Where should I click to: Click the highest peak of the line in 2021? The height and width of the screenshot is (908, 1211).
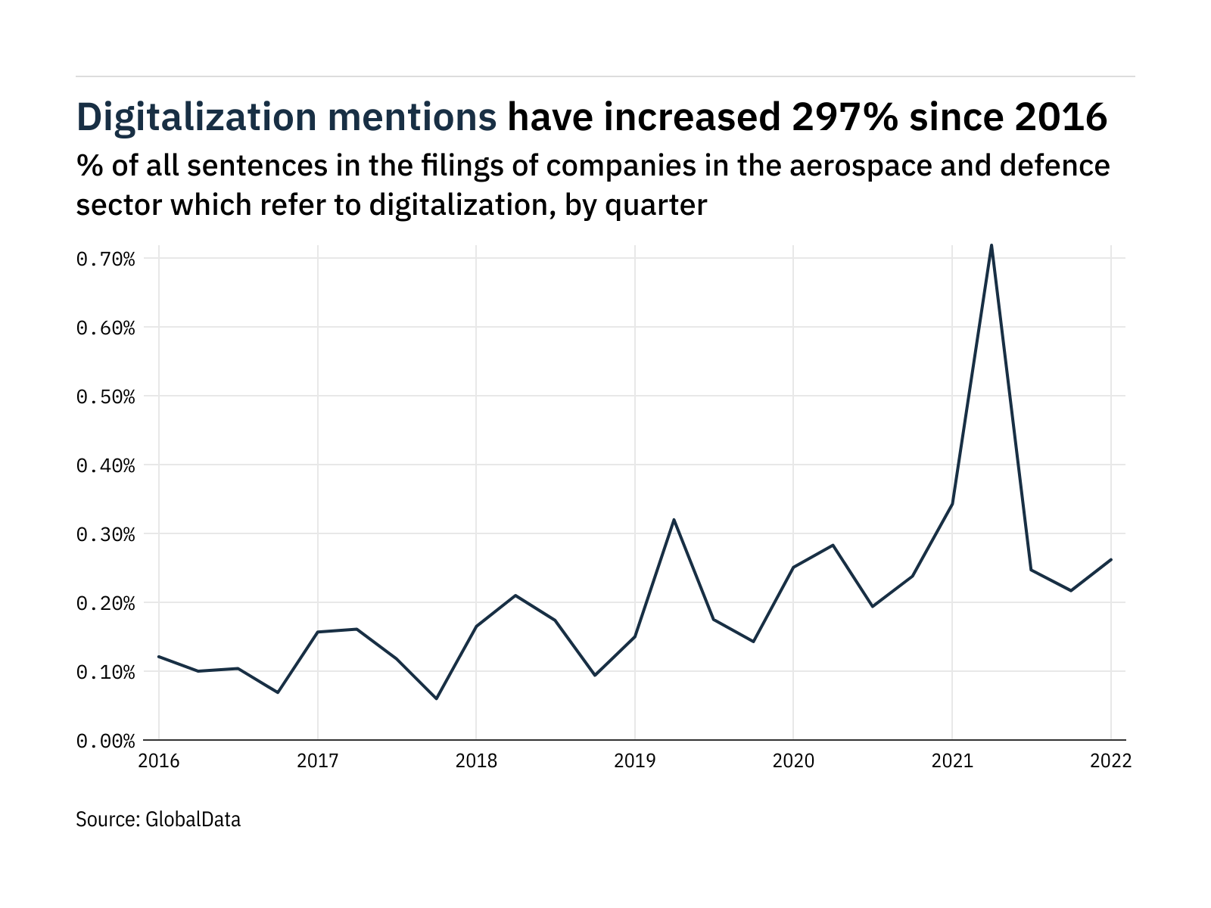pyautogui.click(x=992, y=245)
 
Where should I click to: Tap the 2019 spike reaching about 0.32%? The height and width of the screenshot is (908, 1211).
pyautogui.click(x=674, y=520)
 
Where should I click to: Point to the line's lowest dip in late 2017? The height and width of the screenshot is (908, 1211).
pyautogui.click(x=437, y=698)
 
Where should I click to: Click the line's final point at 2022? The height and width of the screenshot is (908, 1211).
pyautogui.click(x=1110, y=559)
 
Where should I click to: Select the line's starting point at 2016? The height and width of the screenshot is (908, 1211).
pyautogui.click(x=159, y=656)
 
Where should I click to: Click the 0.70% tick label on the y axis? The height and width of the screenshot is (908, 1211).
pyautogui.click(x=105, y=260)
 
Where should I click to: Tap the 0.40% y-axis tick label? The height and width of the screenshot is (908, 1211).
pyautogui.click(x=105, y=465)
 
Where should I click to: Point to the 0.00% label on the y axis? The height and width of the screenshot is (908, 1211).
pyautogui.click(x=105, y=741)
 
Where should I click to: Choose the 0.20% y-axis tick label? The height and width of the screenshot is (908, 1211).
pyautogui.click(x=105, y=603)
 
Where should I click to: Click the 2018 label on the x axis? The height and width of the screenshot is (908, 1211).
pyautogui.click(x=476, y=761)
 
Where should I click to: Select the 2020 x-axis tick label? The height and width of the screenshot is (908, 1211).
pyautogui.click(x=793, y=761)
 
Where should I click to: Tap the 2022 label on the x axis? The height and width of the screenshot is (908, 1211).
pyautogui.click(x=1110, y=761)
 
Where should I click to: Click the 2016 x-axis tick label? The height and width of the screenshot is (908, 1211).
pyautogui.click(x=159, y=761)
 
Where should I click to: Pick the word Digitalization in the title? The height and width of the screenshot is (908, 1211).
pyautogui.click(x=197, y=117)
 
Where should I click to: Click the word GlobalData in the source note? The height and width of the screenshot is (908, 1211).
pyautogui.click(x=192, y=819)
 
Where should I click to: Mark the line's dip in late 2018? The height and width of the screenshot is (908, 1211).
pyautogui.click(x=595, y=675)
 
